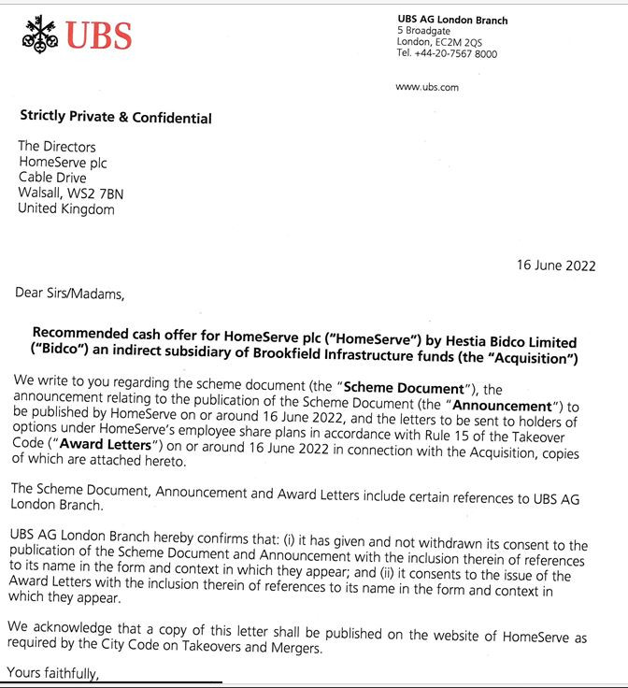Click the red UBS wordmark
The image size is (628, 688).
tap(98, 36)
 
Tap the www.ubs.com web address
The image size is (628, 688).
tap(427, 87)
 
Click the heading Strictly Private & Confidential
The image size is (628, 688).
tap(116, 118)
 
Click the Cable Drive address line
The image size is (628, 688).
tap(52, 178)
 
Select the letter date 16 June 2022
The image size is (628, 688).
tap(556, 265)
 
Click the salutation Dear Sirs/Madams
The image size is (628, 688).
tap(69, 293)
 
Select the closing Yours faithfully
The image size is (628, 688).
tap(52, 673)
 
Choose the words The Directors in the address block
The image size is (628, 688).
tap(57, 146)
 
